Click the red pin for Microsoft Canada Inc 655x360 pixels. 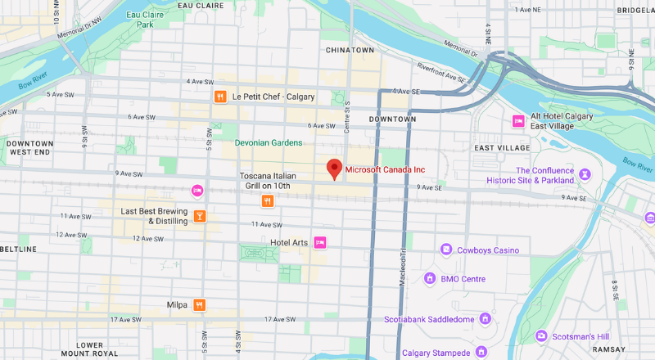coord(334,169)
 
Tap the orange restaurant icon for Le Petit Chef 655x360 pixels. coord(219,97)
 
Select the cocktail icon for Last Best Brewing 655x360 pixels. coord(199,217)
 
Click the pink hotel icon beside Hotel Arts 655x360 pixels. coord(321,242)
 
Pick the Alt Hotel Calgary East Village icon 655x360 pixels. coord(518,121)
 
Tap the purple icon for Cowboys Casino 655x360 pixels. coord(446,250)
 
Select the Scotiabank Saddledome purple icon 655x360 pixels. coord(485,318)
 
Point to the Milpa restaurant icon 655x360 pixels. coord(199,305)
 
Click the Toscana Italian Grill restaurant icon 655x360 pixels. coord(267,200)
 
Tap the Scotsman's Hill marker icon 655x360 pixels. coord(540,336)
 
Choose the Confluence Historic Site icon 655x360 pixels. coord(585,174)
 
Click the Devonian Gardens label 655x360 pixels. coord(269,143)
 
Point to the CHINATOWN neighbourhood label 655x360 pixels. coord(350,50)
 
